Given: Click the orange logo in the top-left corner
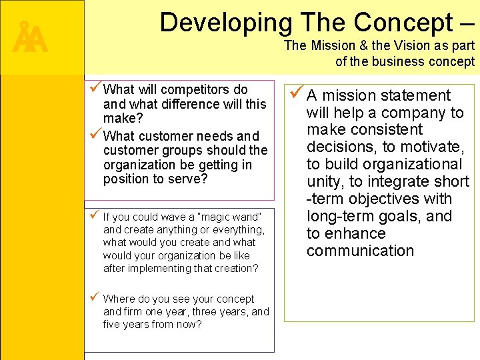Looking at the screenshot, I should [x=31, y=39].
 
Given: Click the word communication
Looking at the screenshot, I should [x=360, y=251].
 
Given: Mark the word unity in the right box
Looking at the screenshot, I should [x=325, y=181].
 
